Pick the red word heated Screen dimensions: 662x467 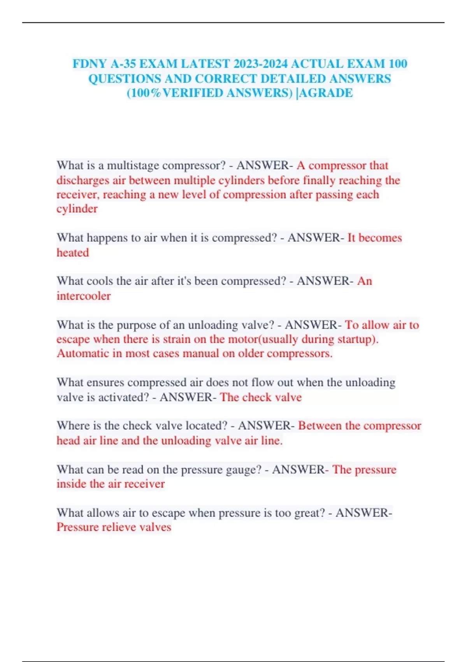[73, 253]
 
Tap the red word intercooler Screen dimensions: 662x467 [84, 296]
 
